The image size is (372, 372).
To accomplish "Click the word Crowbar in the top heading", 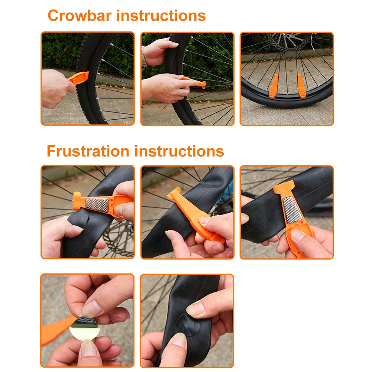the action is click(x=80, y=16).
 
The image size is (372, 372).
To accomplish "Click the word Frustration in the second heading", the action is click(x=88, y=151).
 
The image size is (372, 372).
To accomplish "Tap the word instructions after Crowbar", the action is click(x=161, y=16).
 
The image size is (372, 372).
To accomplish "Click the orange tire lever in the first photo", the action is click(x=79, y=78).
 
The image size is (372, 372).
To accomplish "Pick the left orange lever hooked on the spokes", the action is click(x=275, y=86).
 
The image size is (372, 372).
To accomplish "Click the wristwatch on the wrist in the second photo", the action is click(x=144, y=56).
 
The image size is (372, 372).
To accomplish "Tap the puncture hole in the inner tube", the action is click(x=88, y=220).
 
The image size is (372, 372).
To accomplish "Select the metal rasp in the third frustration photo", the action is click(x=292, y=210).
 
